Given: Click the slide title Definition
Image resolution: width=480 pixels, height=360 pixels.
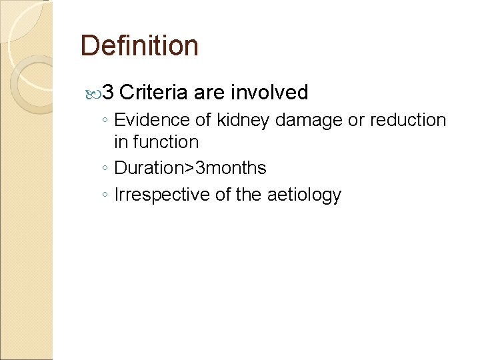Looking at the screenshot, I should (x=139, y=46).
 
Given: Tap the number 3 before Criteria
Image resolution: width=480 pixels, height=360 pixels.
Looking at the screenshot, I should (x=111, y=92).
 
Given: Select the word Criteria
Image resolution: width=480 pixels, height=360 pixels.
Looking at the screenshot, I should (x=154, y=92).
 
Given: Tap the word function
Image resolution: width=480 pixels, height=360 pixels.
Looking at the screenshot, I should (x=165, y=141).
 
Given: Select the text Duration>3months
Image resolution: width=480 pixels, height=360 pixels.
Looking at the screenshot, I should (x=190, y=168).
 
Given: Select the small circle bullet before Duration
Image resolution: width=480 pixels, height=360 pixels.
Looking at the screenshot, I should (x=105, y=169).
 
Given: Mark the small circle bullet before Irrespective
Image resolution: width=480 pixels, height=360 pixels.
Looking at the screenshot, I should (x=105, y=196).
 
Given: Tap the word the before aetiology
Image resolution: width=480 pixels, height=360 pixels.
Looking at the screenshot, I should (x=251, y=195).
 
